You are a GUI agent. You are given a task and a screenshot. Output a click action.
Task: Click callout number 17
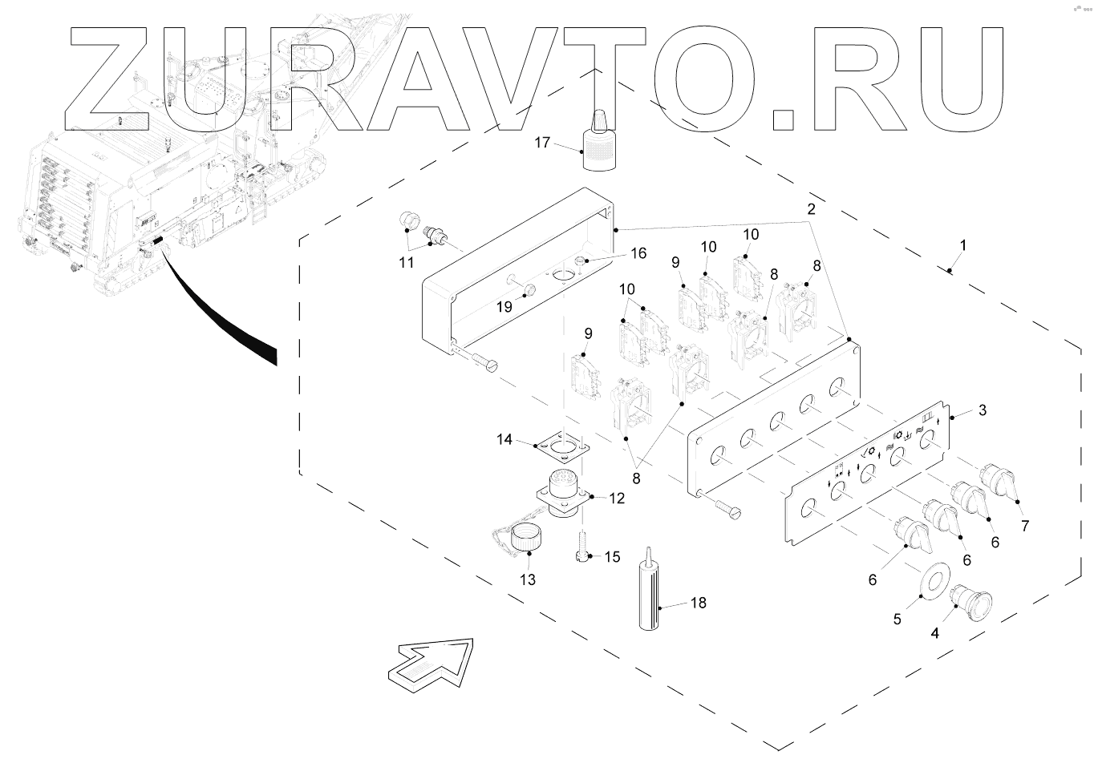tap(542, 143)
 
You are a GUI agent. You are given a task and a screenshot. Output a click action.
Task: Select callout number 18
tap(698, 603)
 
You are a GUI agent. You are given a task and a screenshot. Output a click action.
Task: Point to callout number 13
tap(527, 579)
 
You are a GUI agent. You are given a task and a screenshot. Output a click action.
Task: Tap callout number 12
tap(616, 498)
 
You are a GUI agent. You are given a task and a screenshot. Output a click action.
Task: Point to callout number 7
tap(1024, 526)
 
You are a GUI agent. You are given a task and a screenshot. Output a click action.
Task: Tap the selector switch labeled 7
tap(997, 481)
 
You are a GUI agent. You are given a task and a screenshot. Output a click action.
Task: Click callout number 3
tap(982, 410)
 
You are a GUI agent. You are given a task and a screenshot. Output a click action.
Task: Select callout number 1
tap(963, 244)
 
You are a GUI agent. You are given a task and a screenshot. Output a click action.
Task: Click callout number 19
tap(504, 306)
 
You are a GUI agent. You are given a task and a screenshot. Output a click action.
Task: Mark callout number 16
tap(638, 254)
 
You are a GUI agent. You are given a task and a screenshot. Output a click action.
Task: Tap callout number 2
tap(812, 208)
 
